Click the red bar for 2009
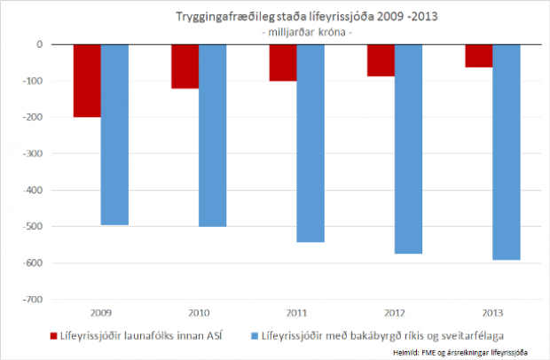87,81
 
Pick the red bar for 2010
185,67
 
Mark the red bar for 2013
479,56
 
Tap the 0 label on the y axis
39,44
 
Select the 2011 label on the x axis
296,313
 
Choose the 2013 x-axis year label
492,313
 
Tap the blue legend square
254,336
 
